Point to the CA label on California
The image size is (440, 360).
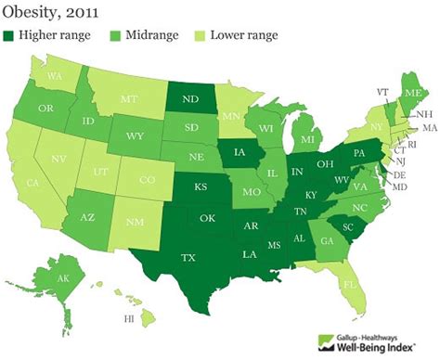click(x=32, y=184)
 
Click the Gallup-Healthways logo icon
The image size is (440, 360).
click(x=327, y=340)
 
